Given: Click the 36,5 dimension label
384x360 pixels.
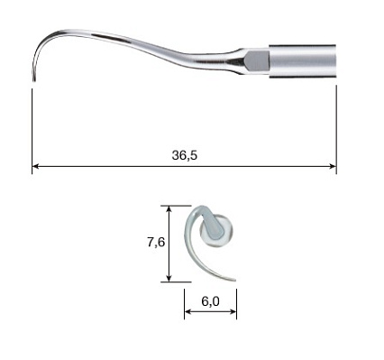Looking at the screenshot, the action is pos(185,155).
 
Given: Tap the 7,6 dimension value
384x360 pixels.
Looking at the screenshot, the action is pos(156,242).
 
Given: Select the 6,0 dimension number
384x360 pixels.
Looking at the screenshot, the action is pos(210,301).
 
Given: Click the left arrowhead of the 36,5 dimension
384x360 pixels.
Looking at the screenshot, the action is pos(36,166).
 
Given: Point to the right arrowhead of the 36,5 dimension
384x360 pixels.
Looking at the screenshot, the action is pos(333,166).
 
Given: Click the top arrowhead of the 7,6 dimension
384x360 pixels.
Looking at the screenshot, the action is pos(169,209).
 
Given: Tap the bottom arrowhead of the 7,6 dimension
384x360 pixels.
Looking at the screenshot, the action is pos(169,278).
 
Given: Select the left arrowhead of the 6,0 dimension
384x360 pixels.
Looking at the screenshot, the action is pos(188,311).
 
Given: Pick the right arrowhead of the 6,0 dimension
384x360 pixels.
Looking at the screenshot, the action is pos(233,311).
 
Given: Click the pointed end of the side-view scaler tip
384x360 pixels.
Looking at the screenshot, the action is pos(33,80).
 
